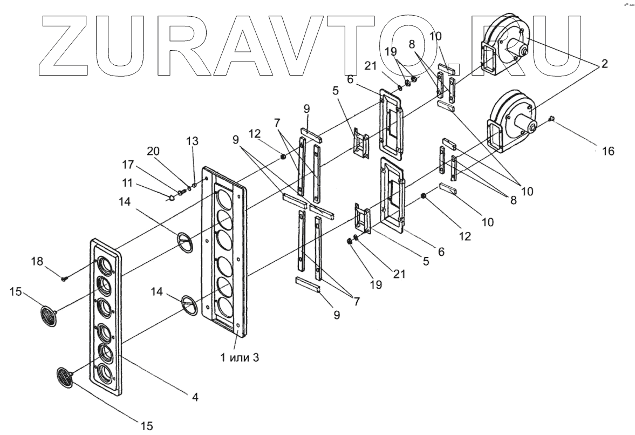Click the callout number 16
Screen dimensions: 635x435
point(607,152)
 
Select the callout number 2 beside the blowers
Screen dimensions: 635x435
point(605,64)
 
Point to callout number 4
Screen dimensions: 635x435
point(195,397)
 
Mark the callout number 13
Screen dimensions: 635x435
point(192,141)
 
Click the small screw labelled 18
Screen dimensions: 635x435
point(64,278)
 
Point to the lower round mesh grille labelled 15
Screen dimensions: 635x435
point(65,376)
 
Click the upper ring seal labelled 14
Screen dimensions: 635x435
point(185,241)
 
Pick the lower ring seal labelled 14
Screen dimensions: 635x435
point(189,304)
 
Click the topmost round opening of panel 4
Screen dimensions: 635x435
point(104,267)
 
